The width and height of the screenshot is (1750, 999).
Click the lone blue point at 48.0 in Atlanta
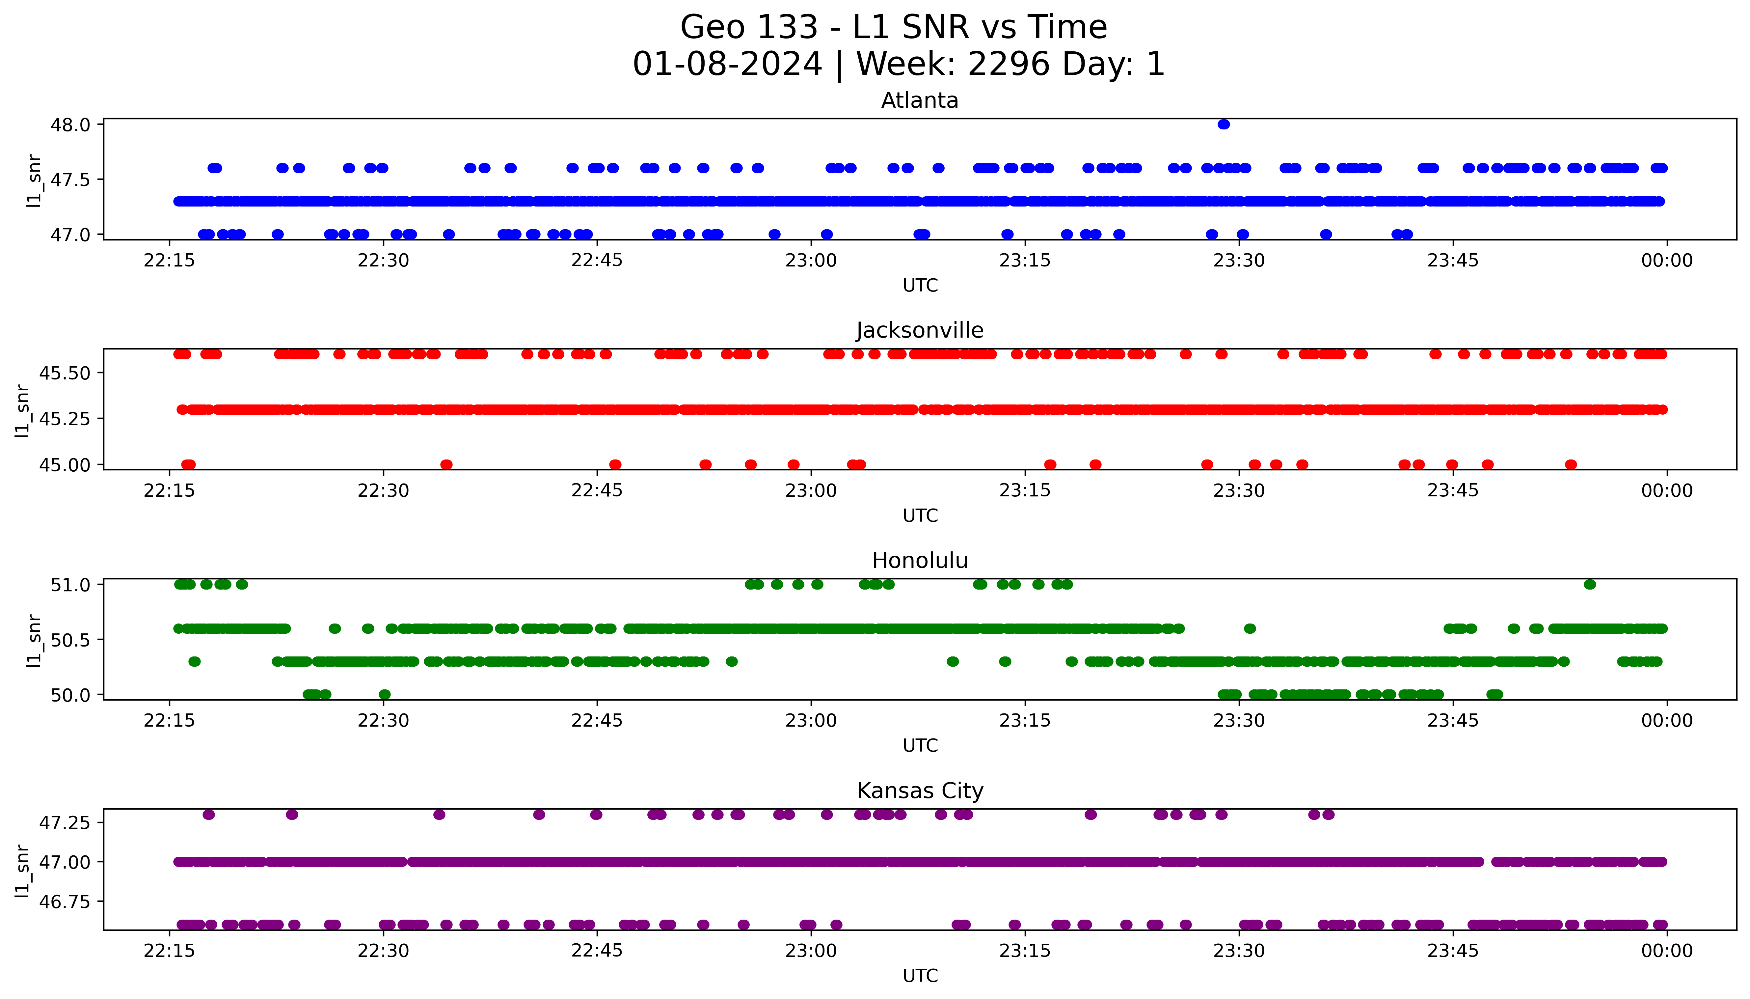tap(1224, 124)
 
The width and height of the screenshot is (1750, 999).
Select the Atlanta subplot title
tap(920, 101)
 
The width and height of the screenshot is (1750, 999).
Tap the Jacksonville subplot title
tap(920, 331)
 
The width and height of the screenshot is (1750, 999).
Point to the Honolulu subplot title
tap(920, 561)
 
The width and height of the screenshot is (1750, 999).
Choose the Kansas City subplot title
tap(920, 791)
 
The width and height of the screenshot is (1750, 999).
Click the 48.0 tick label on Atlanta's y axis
tap(70, 125)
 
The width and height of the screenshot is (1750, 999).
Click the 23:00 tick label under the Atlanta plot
tap(811, 261)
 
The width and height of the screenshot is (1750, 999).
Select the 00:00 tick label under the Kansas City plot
tap(1666, 951)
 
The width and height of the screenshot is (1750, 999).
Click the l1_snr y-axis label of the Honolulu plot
tap(34, 640)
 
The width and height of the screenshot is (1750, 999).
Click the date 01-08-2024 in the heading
tap(727, 65)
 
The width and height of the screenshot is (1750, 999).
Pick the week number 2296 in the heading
tap(1008, 65)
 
